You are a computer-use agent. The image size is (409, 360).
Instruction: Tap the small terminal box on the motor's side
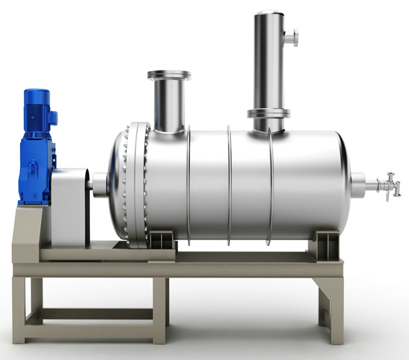point(52,117)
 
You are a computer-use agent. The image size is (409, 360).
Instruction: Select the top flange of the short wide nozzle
point(169,75)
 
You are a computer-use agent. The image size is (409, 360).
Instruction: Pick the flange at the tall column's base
point(269,114)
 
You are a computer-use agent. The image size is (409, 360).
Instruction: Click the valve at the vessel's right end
point(390,186)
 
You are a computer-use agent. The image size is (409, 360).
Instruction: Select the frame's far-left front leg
point(19,309)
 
